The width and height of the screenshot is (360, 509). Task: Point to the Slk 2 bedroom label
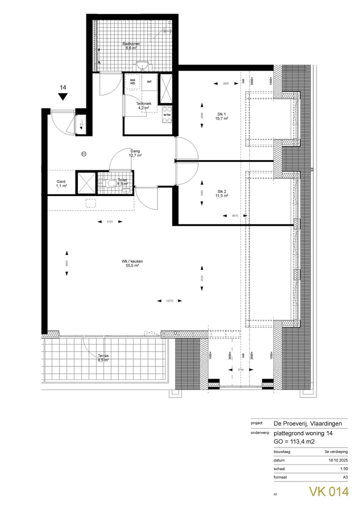pos(222,193)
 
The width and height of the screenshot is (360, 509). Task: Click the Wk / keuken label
pos(132,263)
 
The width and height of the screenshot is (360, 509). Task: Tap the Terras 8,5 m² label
pos(103,357)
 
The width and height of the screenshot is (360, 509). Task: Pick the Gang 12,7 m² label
pos(135,153)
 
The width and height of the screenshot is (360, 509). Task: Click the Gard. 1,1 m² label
pos(61,183)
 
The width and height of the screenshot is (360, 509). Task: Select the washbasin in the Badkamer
pos(143,64)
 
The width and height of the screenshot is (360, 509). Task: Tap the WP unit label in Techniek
pos(149,81)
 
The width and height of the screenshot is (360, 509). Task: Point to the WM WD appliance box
pos(132,81)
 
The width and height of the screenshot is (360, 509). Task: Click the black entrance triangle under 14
pos(62,97)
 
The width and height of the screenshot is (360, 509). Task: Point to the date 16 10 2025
pos(337,459)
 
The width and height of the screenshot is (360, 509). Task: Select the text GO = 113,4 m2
pos(297,441)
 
